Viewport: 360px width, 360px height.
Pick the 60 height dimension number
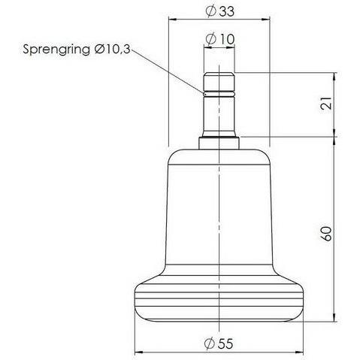tap(325, 232)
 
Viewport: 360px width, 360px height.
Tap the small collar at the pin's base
tap(219, 141)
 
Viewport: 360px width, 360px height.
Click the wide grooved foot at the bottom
tap(219, 301)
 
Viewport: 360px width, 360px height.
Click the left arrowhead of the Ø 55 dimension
tap(138, 351)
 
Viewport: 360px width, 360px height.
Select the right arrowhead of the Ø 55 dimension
tap(301, 351)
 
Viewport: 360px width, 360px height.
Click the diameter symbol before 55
tap(208, 343)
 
